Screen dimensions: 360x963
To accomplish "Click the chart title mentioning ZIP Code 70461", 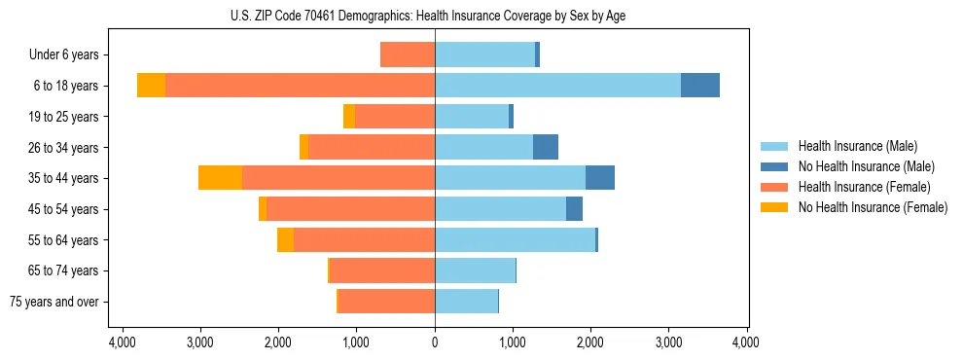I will pyautogui.click(x=434, y=16).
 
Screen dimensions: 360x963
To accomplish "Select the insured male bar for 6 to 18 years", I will pyautogui.click(x=557, y=86).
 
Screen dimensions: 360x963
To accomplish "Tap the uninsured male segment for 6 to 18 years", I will pyautogui.click(x=700, y=86).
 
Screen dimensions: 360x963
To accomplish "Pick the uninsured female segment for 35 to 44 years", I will pyautogui.click(x=220, y=178).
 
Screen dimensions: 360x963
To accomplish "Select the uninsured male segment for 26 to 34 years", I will pyautogui.click(x=546, y=147).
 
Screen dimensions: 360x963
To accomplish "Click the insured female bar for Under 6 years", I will pyautogui.click(x=408, y=54).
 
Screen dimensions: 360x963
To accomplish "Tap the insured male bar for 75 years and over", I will pyautogui.click(x=466, y=302).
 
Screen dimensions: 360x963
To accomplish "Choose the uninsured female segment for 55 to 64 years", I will pyautogui.click(x=285, y=239).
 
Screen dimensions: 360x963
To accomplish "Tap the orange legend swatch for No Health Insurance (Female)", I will pyautogui.click(x=775, y=207).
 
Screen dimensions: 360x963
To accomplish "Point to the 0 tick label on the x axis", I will pyautogui.click(x=435, y=342).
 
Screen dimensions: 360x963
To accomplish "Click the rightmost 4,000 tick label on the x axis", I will pyautogui.click(x=746, y=342).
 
